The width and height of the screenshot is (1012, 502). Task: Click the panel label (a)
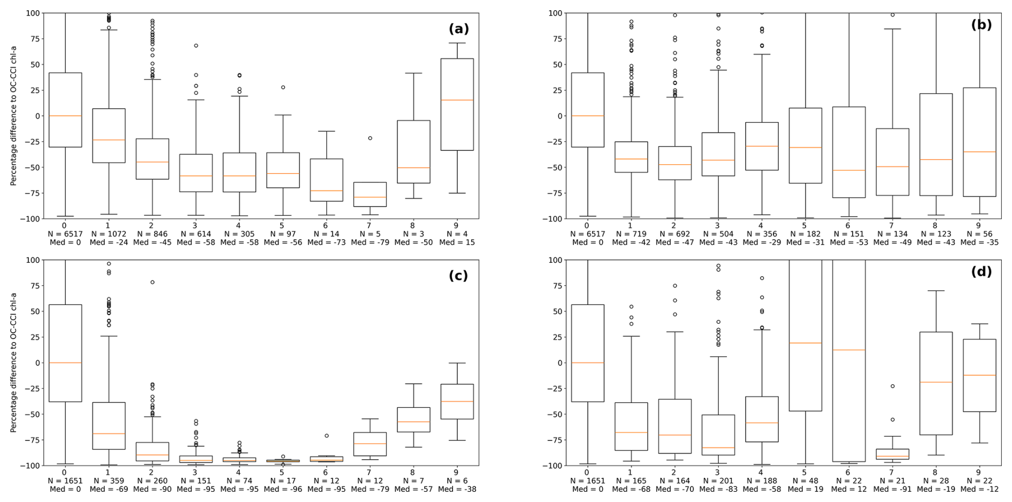[x=458, y=29]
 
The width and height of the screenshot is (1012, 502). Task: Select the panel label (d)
[x=981, y=272]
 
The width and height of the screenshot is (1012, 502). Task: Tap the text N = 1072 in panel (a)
[x=109, y=234]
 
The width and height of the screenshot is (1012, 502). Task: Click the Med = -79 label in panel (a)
[x=370, y=242]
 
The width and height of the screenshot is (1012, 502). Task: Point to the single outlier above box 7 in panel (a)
[x=370, y=138]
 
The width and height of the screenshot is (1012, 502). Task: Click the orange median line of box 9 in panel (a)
[x=457, y=100]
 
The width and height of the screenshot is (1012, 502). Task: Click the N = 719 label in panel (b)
[x=631, y=234]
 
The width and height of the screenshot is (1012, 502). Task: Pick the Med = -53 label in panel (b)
[x=848, y=242]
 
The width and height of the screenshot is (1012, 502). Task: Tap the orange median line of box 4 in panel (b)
[x=761, y=146]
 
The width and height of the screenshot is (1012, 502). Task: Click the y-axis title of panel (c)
[x=13, y=362]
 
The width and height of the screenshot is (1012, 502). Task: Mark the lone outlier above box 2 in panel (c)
[x=152, y=282]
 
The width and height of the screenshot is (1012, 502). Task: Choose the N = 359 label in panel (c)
[x=109, y=481]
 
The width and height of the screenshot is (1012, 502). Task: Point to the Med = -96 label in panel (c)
[x=282, y=489]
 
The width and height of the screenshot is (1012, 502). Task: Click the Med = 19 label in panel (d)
[x=805, y=489]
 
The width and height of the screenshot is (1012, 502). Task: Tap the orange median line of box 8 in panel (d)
[x=936, y=382]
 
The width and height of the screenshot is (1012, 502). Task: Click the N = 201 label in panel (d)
[x=718, y=481]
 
